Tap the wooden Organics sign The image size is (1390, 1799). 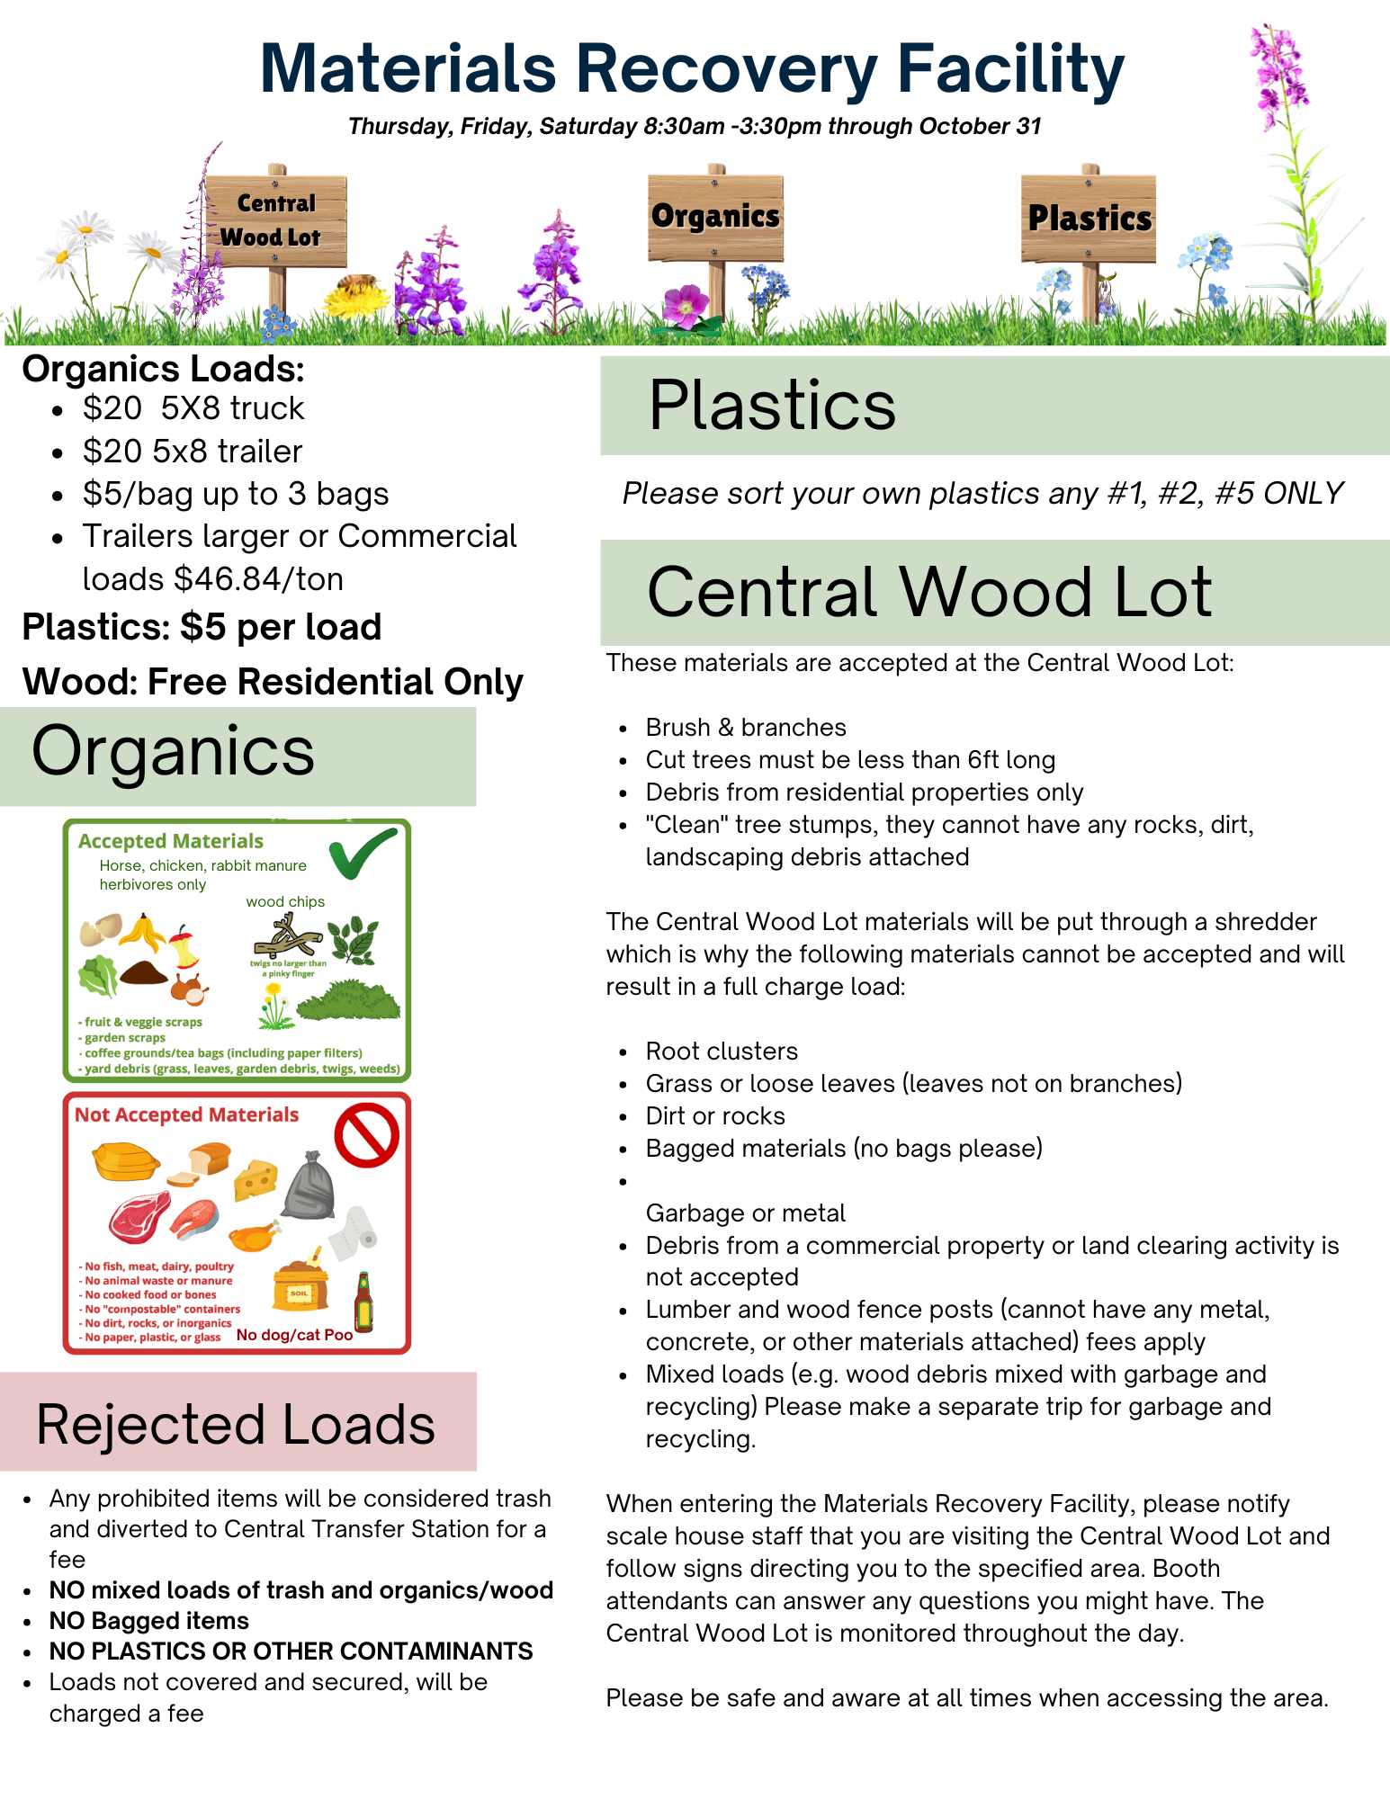tap(715, 217)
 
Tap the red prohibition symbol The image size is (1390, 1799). tap(366, 1136)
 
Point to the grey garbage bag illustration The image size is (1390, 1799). tap(309, 1185)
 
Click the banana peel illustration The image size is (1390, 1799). tap(142, 933)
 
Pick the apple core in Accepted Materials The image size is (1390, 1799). tap(184, 947)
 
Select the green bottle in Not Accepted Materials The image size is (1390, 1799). tap(363, 1302)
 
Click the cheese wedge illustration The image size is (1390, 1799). tap(256, 1179)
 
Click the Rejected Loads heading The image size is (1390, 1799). tap(236, 1425)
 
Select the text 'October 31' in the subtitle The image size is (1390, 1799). tap(980, 127)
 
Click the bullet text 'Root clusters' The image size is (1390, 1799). tap(722, 1051)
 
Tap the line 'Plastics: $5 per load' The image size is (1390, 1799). tap(202, 628)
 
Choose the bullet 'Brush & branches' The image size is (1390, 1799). tap(746, 727)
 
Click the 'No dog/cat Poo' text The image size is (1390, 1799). tap(294, 1335)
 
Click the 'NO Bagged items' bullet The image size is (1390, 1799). tap(149, 1621)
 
